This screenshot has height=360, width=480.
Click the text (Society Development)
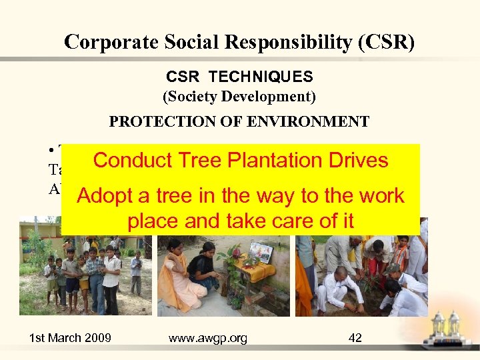pos(239,97)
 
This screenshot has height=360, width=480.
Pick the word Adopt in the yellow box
pos(105,196)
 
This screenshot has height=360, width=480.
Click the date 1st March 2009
pos(70,338)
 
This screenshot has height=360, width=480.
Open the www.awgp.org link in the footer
pos(207,338)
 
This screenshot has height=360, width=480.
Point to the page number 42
pos(355,338)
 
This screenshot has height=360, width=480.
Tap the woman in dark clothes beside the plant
pos(203,270)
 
